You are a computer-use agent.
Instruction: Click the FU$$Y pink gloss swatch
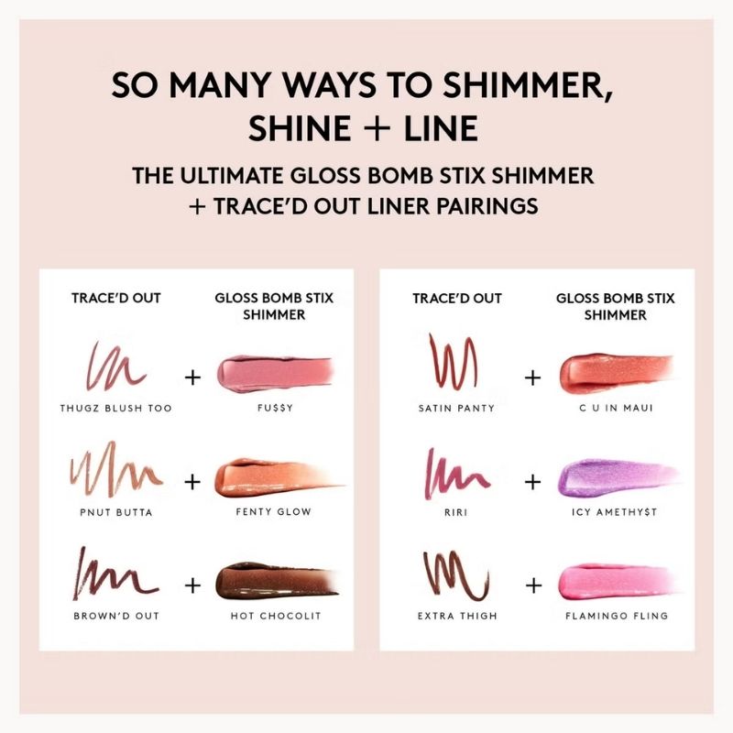click(x=275, y=374)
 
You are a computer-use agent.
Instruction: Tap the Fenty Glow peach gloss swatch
click(x=279, y=477)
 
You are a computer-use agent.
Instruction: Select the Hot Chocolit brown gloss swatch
click(x=276, y=582)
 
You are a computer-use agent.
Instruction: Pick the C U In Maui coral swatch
click(x=617, y=373)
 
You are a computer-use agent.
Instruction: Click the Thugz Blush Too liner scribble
click(x=115, y=367)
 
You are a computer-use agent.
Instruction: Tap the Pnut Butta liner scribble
click(x=116, y=470)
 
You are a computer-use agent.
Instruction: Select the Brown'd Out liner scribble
click(x=115, y=575)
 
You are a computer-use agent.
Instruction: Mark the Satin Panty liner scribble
click(x=454, y=361)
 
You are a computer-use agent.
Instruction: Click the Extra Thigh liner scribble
click(x=456, y=575)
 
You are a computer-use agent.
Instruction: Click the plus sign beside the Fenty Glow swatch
click(x=192, y=482)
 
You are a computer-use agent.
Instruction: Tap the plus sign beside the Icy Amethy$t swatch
click(x=533, y=482)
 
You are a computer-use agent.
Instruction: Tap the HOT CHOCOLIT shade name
click(x=276, y=616)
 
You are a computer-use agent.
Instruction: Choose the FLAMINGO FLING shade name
click(x=617, y=616)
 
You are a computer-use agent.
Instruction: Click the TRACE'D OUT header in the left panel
click(x=116, y=298)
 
